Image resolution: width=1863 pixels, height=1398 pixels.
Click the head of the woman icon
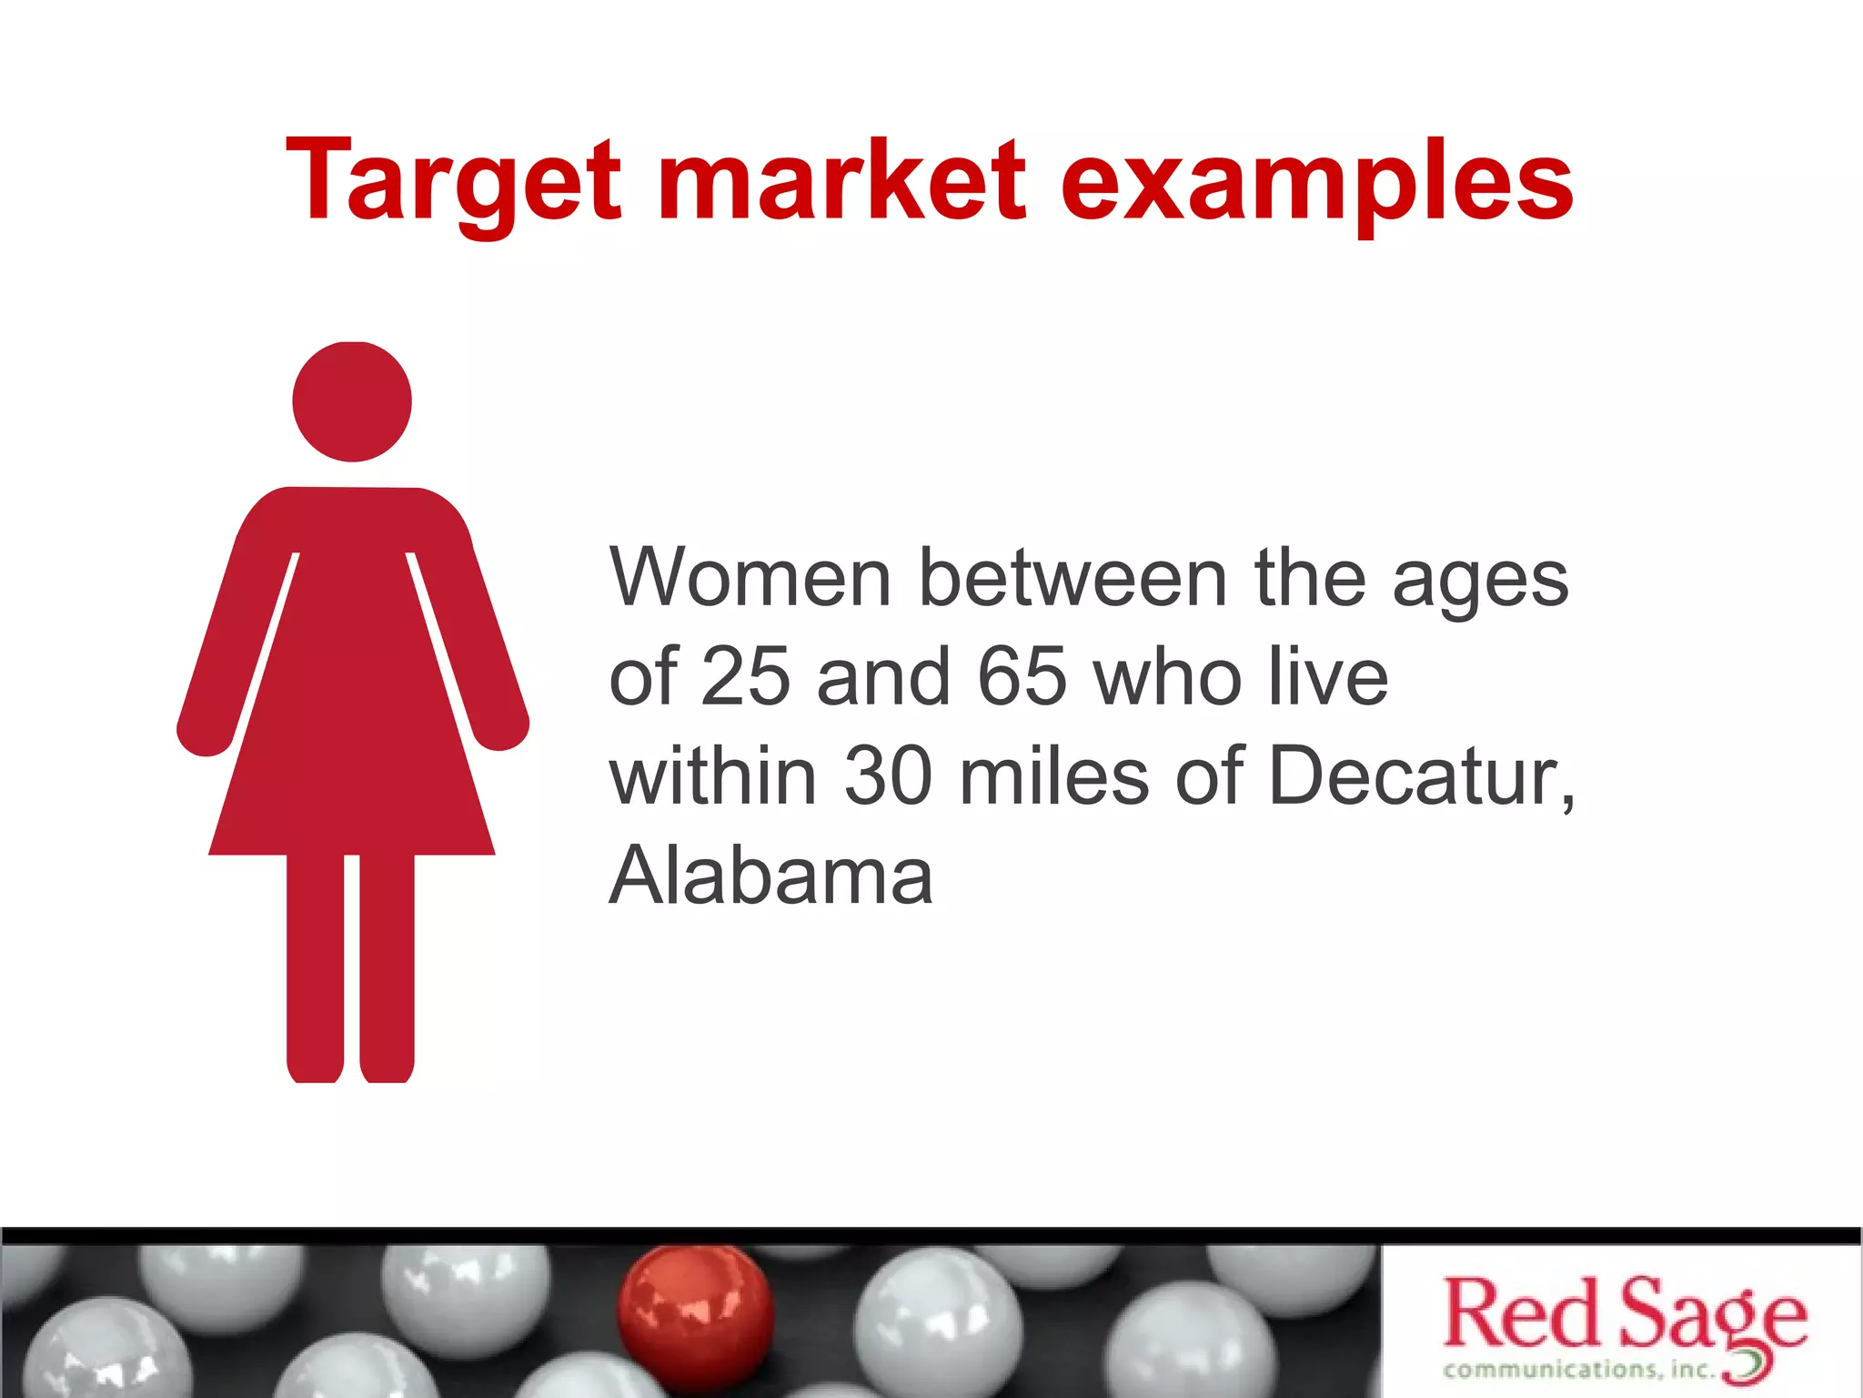point(352,401)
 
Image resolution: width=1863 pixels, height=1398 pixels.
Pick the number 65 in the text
point(1022,677)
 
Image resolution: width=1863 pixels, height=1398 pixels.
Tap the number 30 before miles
point(888,776)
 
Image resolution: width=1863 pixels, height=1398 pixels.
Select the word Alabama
point(770,876)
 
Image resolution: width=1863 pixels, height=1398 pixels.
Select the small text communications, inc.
point(1578,1369)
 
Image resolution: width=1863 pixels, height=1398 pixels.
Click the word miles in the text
point(1054,776)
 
